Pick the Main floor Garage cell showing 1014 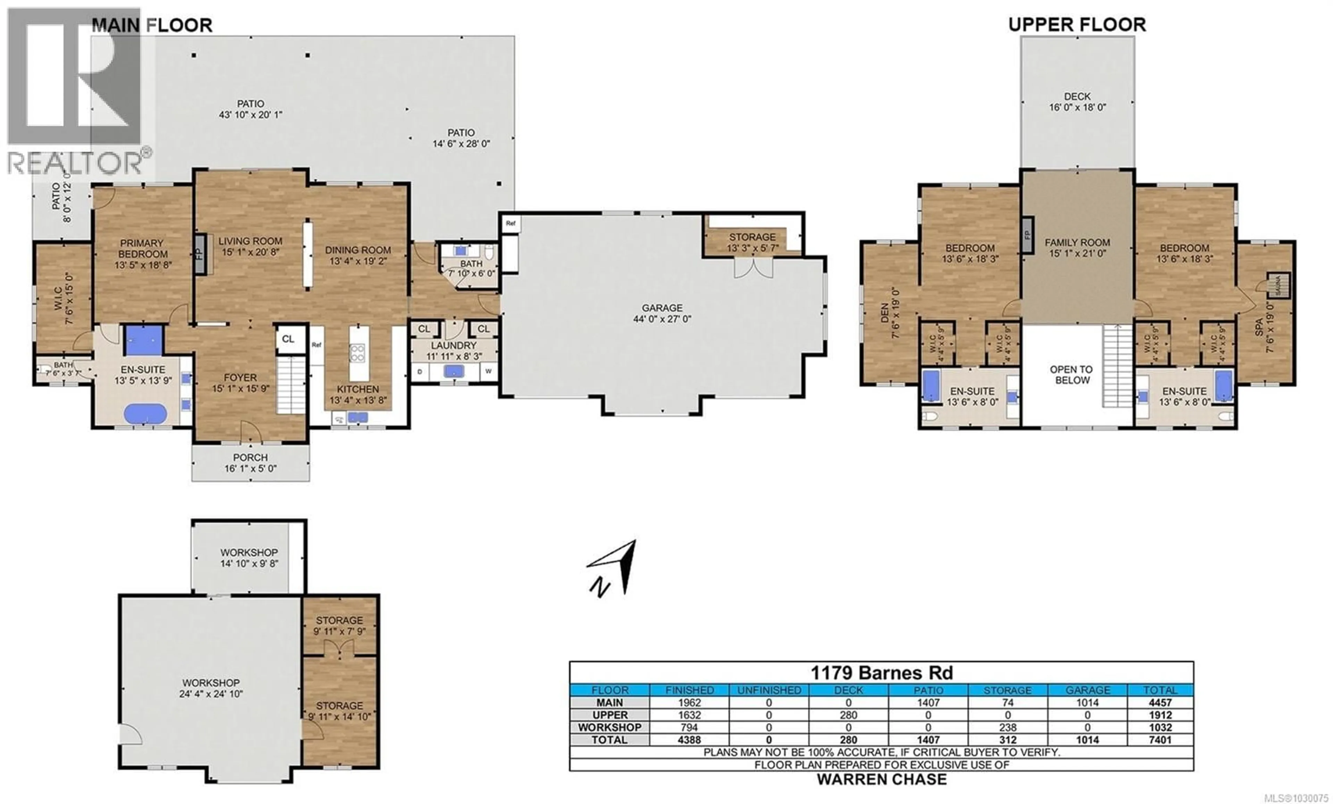tap(1087, 703)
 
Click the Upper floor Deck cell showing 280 tap(848, 715)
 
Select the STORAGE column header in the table tap(1007, 690)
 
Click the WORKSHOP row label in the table tap(609, 728)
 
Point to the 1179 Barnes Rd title tap(881, 673)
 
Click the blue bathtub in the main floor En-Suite tap(145, 414)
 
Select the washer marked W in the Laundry tap(488, 371)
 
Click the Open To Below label tap(1071, 375)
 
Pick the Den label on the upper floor tap(886, 313)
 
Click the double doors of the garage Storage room tap(753, 267)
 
